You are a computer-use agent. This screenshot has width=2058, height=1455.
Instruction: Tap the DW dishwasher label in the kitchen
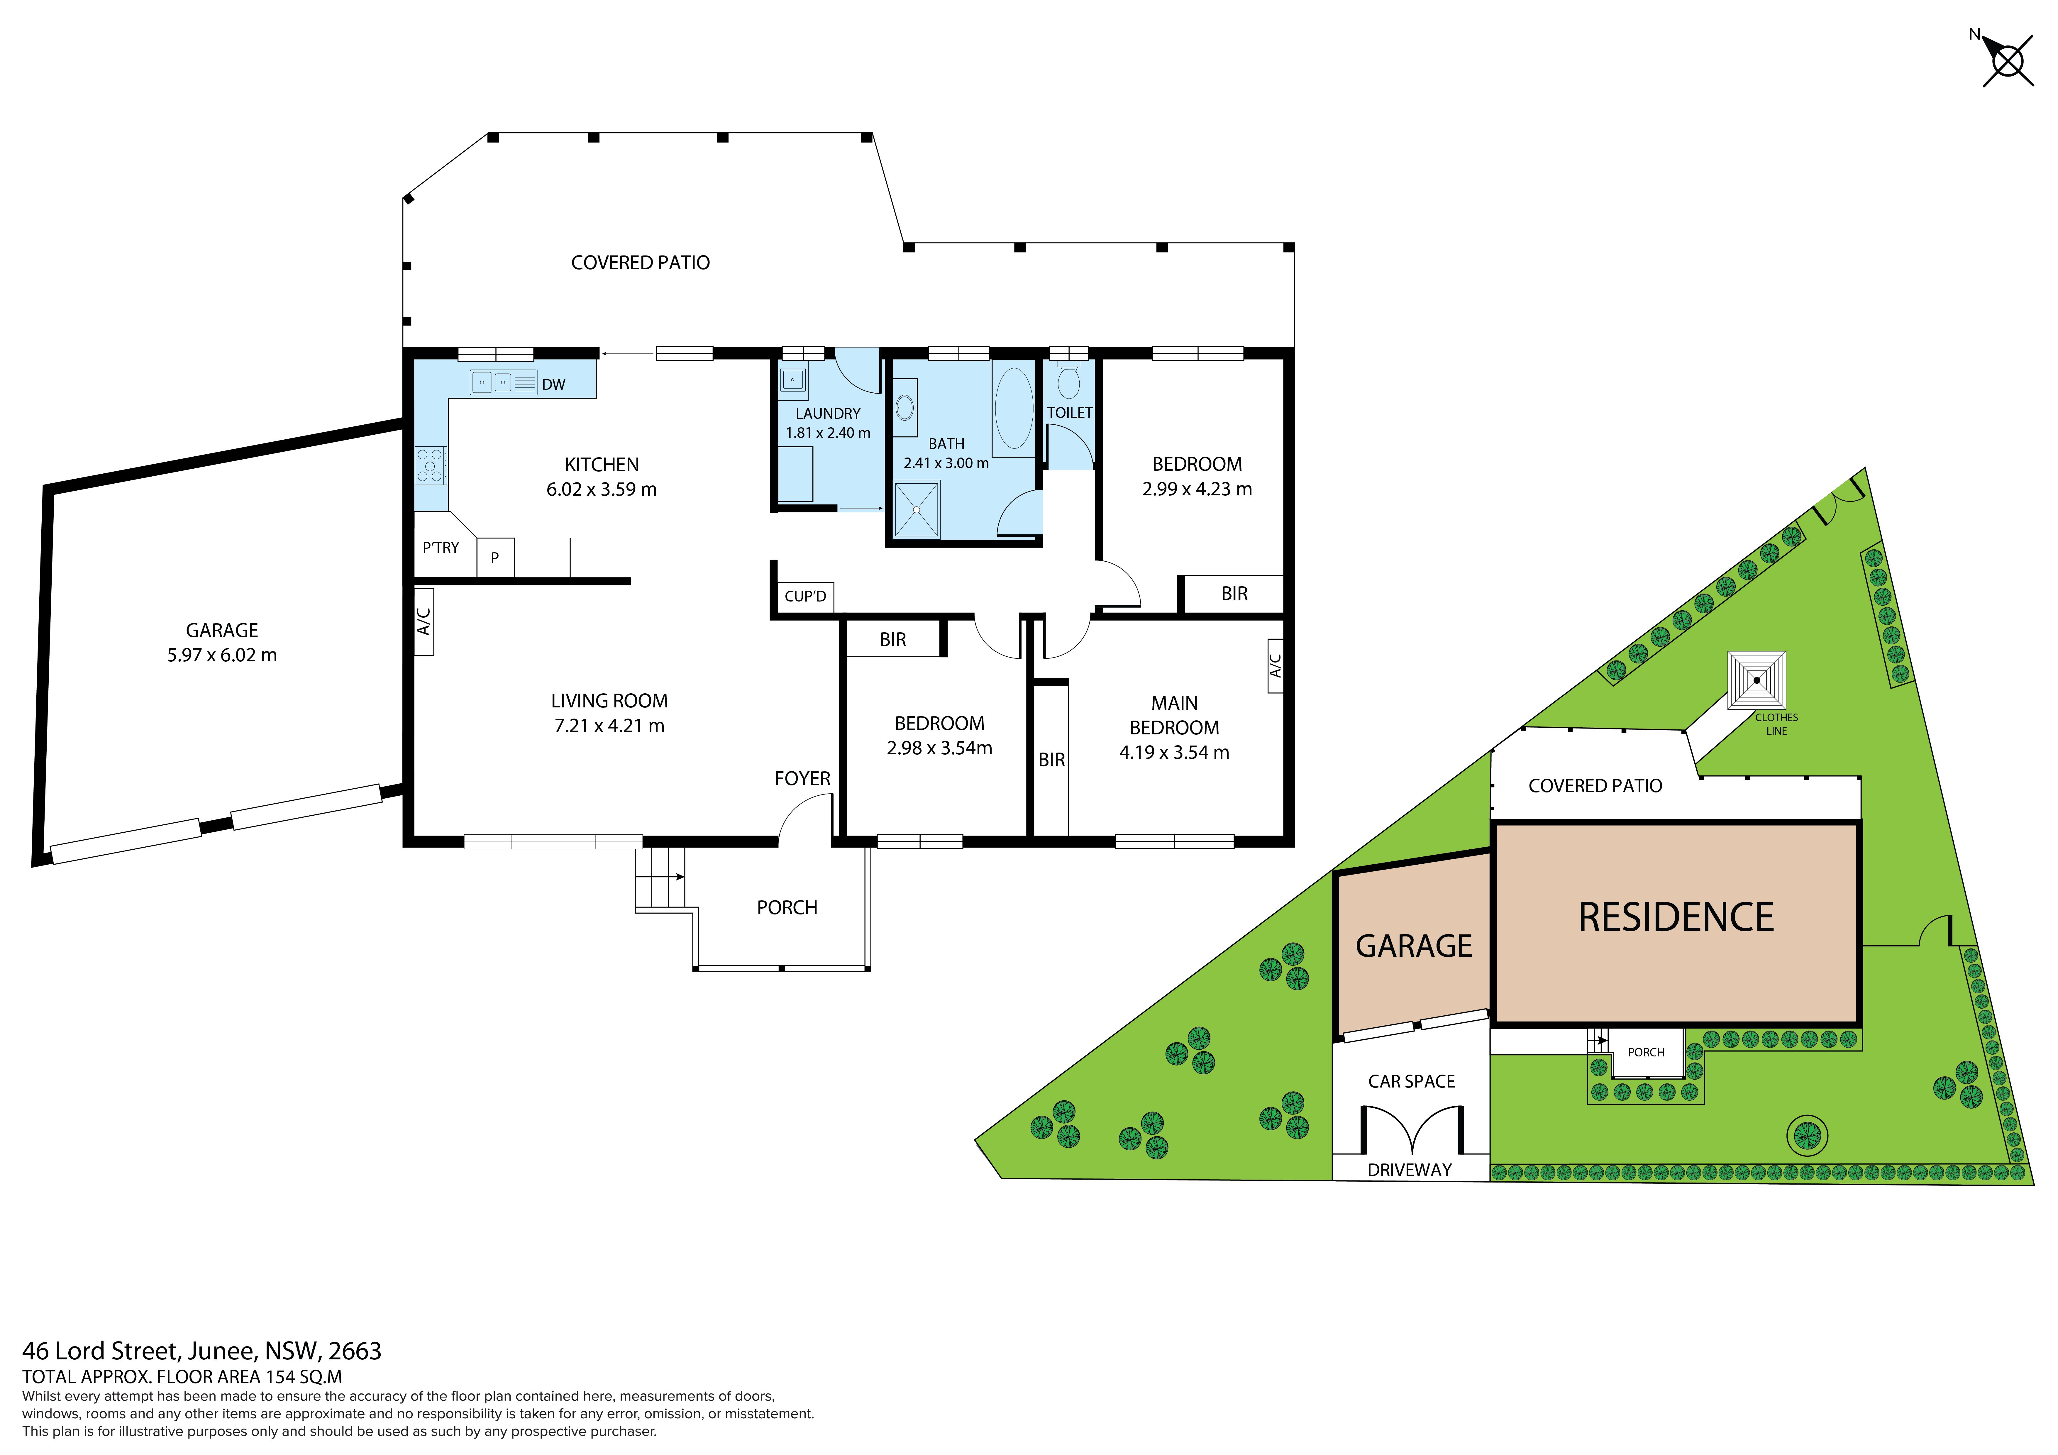click(x=553, y=385)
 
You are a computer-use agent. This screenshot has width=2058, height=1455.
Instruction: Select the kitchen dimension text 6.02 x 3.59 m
click(x=602, y=489)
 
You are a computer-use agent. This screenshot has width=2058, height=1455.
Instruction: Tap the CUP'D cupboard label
click(x=805, y=596)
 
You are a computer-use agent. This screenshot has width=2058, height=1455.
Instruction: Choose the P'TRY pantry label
click(x=441, y=548)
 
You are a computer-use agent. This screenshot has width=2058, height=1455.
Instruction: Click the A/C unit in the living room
click(x=424, y=621)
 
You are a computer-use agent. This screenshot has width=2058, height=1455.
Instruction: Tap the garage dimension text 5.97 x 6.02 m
click(x=221, y=655)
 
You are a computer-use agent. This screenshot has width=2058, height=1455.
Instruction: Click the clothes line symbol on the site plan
click(x=1757, y=680)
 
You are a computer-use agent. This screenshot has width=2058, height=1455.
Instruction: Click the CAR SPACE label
click(x=1412, y=1081)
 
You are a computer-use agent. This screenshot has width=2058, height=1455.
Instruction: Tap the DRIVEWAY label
click(x=1410, y=1170)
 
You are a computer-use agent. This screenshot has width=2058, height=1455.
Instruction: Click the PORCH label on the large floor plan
click(x=787, y=908)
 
